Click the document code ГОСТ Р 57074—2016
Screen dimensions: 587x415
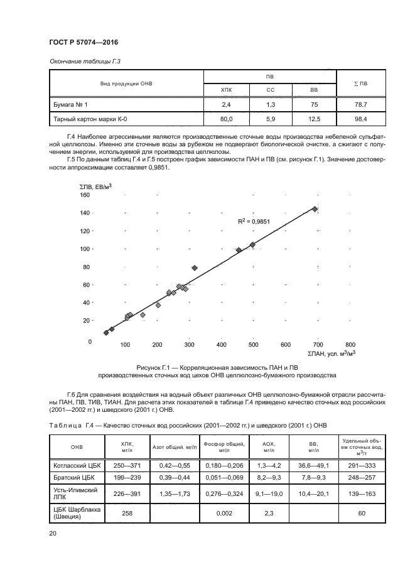(84, 42)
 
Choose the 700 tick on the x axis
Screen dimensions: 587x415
(318, 345)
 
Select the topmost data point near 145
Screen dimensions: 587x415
(315, 208)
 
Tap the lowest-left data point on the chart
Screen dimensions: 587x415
(106, 333)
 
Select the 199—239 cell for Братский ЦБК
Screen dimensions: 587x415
(127, 477)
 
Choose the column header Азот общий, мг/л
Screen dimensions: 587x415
(175, 447)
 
